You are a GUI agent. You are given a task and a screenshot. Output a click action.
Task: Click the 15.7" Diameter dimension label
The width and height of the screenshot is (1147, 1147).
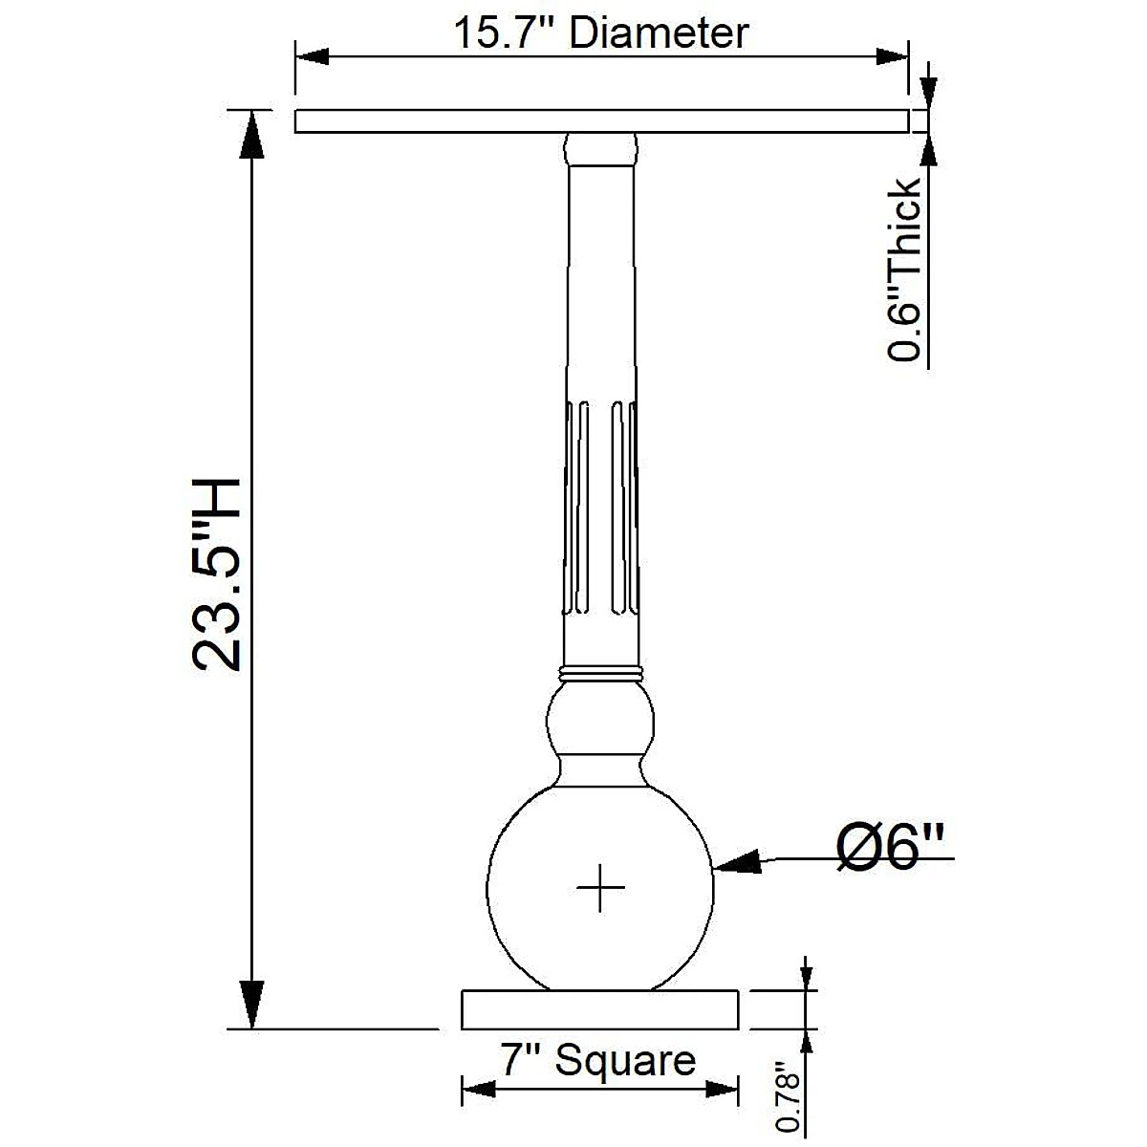[x=601, y=32]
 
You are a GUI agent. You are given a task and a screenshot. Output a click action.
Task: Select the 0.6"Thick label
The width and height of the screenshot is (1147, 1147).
[x=904, y=270]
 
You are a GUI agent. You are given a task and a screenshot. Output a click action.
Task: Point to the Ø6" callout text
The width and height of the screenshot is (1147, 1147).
[x=891, y=848]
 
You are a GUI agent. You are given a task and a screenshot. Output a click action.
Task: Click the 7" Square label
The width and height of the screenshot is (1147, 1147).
[x=598, y=1059]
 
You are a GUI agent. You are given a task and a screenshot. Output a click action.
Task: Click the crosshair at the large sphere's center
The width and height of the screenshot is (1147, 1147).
[x=600, y=887]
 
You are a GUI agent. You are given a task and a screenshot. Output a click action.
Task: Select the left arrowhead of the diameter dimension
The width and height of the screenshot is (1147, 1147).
[x=312, y=57]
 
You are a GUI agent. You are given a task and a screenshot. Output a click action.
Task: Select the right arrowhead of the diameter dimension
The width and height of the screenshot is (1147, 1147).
[x=892, y=57]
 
